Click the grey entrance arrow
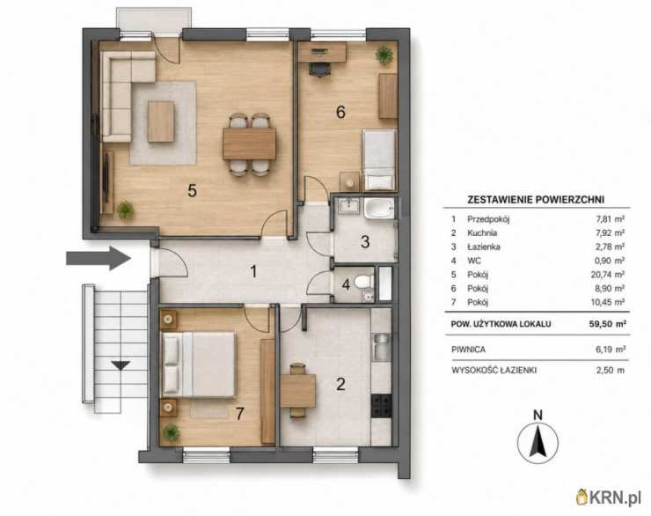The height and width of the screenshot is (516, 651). (x=99, y=258)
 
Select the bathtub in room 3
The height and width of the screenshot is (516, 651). (x=378, y=208)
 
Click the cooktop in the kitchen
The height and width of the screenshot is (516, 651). (x=381, y=405)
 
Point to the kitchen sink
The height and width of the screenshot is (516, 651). (x=381, y=347)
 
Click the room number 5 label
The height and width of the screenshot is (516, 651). (x=192, y=190)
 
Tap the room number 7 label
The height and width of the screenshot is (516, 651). (x=239, y=413)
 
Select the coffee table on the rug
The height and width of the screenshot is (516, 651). (x=161, y=122)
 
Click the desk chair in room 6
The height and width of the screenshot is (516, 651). (x=318, y=69)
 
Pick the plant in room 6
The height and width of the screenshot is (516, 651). (x=384, y=54)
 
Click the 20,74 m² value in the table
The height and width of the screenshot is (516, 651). (x=608, y=274)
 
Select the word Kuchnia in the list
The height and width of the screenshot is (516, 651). (x=482, y=232)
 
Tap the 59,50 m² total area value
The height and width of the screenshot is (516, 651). (x=607, y=324)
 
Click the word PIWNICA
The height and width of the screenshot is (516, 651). (x=468, y=350)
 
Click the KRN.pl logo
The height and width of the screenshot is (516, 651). (x=609, y=498)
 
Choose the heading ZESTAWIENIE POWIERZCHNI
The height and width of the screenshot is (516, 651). (x=536, y=199)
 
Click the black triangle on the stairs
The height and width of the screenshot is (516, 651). (x=121, y=365)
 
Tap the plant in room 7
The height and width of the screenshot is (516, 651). (x=172, y=432)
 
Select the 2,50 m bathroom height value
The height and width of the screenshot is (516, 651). (x=610, y=370)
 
